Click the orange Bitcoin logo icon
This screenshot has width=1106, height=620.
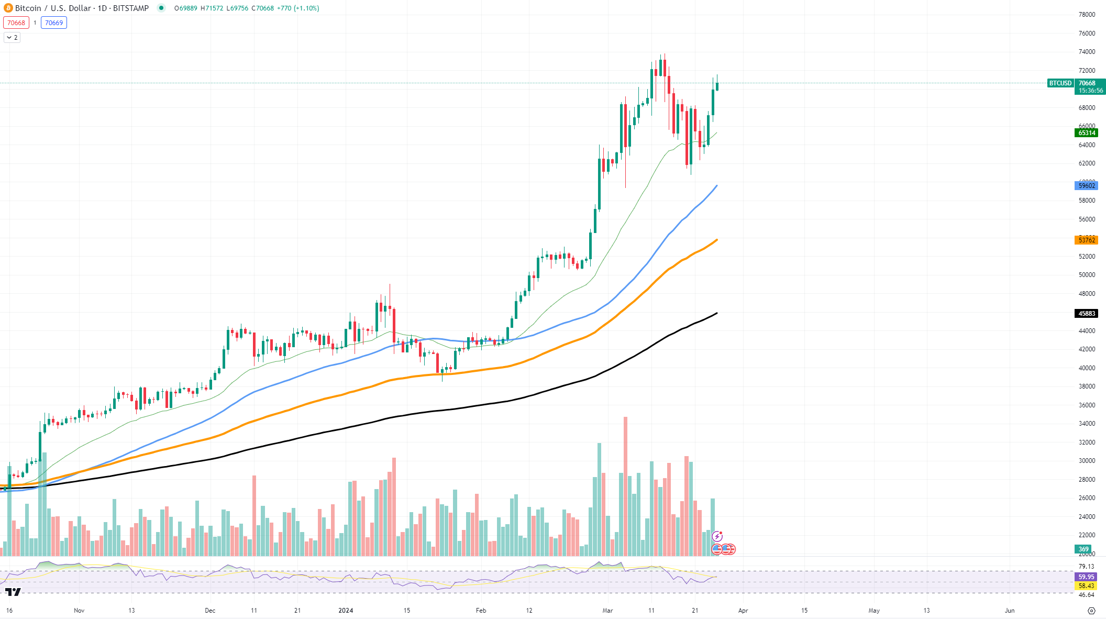click(x=8, y=8)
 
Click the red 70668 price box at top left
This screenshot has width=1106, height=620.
click(x=16, y=23)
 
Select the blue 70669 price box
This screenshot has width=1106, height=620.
click(x=54, y=23)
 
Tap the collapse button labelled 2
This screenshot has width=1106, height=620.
click(x=12, y=37)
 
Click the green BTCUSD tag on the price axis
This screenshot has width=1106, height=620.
click(x=1060, y=83)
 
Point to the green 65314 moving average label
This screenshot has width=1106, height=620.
click(x=1087, y=133)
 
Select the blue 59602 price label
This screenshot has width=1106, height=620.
click(x=1087, y=186)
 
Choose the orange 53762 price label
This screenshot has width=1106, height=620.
click(x=1087, y=240)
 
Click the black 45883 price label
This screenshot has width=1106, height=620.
click(x=1087, y=314)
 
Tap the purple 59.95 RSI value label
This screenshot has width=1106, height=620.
click(x=1086, y=577)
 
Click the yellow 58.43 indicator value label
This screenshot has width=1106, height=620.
click(x=1086, y=586)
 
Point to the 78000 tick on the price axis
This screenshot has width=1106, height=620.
click(x=1087, y=15)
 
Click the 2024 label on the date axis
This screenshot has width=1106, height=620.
click(x=346, y=611)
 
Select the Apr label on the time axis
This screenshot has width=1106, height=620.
click(x=743, y=611)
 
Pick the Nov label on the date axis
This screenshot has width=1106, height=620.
click(x=79, y=611)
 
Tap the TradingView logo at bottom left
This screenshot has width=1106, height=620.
click(x=13, y=592)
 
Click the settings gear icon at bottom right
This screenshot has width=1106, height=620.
click(x=1091, y=611)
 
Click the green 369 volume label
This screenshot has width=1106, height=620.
click(x=1083, y=549)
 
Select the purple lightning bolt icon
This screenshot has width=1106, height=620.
click(x=717, y=536)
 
